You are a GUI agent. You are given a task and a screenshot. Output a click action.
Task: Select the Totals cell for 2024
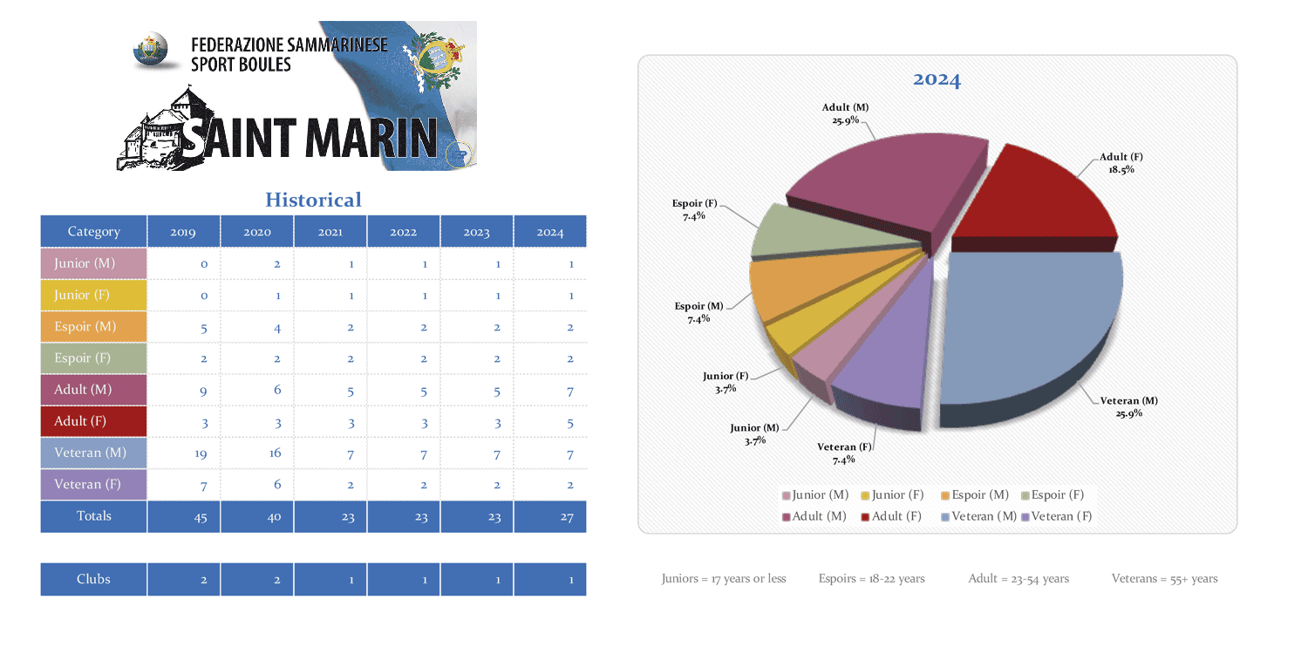(x=550, y=516)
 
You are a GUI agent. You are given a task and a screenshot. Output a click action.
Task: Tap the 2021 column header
(x=330, y=232)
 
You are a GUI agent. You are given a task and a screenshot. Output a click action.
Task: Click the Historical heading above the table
(x=313, y=200)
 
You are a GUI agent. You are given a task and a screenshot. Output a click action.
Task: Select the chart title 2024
(x=937, y=80)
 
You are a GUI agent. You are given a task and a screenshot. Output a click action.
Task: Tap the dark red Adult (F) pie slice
(x=1033, y=196)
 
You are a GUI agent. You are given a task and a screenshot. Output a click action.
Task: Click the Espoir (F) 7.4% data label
(x=694, y=209)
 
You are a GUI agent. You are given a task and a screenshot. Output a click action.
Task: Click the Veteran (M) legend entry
(x=978, y=516)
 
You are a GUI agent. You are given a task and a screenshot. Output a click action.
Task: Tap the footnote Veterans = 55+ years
(x=1164, y=579)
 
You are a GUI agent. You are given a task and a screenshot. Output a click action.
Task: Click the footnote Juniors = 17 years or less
(x=724, y=579)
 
